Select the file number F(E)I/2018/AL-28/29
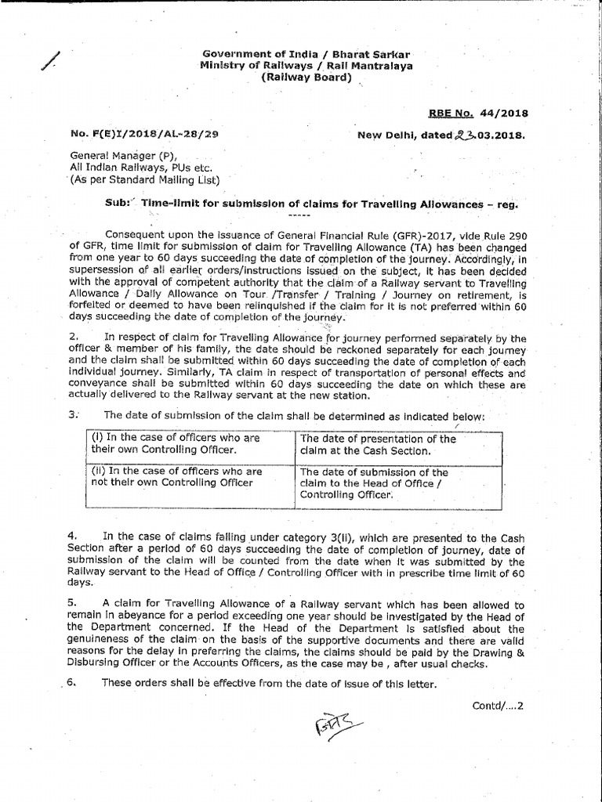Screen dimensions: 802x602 [x=143, y=134]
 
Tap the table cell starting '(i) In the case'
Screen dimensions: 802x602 [x=187, y=444]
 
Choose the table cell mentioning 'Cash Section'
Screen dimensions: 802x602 [x=399, y=444]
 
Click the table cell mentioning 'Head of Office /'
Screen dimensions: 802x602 [x=399, y=484]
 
